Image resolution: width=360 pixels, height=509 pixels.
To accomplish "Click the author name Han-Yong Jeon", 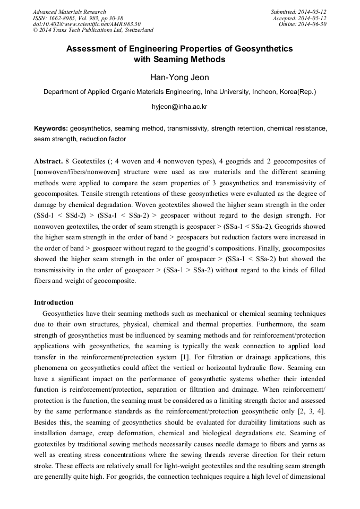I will tap(179, 77).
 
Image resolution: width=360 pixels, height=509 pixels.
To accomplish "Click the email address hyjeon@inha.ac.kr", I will tap(179, 107).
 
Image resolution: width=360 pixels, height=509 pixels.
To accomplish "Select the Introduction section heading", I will tap(54, 303).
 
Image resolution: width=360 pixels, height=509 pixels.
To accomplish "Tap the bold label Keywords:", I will tap(51, 129).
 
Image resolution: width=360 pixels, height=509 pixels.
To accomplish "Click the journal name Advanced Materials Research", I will tap(70, 12).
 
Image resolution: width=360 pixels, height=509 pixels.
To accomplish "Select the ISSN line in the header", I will tap(78, 18).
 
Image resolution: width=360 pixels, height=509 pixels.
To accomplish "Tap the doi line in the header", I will tap(86, 24).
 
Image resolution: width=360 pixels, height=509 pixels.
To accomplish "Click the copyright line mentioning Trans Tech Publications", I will tap(93, 30).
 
